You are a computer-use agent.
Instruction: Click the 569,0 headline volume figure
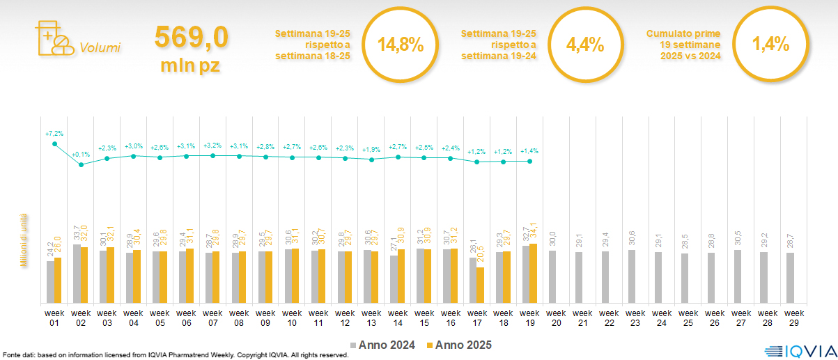(191, 38)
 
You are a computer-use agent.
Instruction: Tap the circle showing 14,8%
(401, 45)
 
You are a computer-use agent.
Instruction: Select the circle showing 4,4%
(585, 45)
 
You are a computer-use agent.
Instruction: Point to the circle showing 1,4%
(770, 45)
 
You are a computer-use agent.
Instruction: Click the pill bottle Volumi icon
(53, 39)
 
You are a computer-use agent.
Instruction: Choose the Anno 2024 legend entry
(385, 345)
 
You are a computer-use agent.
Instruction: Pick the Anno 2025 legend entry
(460, 345)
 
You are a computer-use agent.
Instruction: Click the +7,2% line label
(54, 133)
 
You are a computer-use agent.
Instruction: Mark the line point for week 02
(82, 164)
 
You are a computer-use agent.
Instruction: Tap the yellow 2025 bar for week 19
(534, 273)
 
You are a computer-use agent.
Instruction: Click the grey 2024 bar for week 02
(77, 274)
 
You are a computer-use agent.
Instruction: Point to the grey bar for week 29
(791, 278)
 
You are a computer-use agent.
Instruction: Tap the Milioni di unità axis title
(23, 240)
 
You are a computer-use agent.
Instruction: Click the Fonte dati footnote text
(174, 355)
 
